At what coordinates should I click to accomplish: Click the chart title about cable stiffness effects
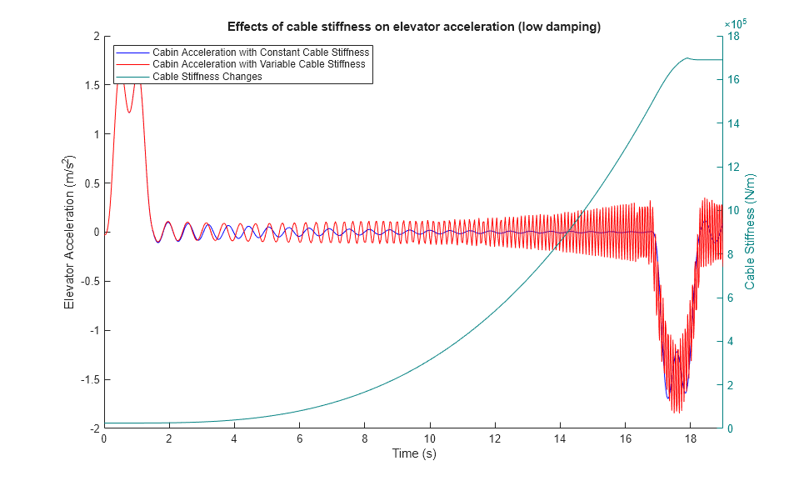[x=414, y=27]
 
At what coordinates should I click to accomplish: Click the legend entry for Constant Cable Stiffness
[x=260, y=53]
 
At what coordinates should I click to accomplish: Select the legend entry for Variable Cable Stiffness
[x=258, y=64]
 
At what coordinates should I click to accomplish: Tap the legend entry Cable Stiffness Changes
[x=207, y=76]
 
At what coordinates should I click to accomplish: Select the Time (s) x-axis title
[x=414, y=453]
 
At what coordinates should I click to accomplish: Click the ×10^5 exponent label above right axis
[x=735, y=24]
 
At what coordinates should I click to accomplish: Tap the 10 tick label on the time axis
[x=430, y=438]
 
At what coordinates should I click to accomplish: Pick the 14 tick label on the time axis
[x=560, y=438]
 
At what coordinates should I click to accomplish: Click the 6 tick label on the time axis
[x=300, y=438]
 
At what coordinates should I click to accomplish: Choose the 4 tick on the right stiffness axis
[x=732, y=341]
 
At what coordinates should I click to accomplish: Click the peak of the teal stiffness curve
[x=687, y=58]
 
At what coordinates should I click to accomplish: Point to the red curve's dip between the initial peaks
[x=128, y=112]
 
